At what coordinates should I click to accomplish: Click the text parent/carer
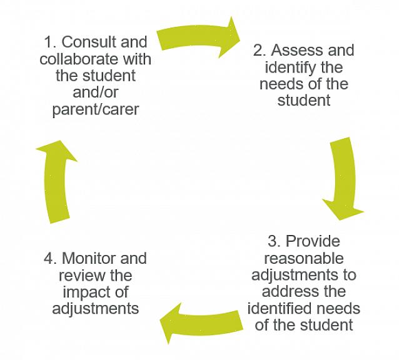(96, 109)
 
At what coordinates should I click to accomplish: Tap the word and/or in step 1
(96, 93)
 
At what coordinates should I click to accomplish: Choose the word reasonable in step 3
(303, 258)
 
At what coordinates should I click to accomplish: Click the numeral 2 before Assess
(258, 51)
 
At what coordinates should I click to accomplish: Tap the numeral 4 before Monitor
(49, 259)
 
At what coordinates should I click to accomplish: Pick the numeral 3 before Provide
(273, 242)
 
